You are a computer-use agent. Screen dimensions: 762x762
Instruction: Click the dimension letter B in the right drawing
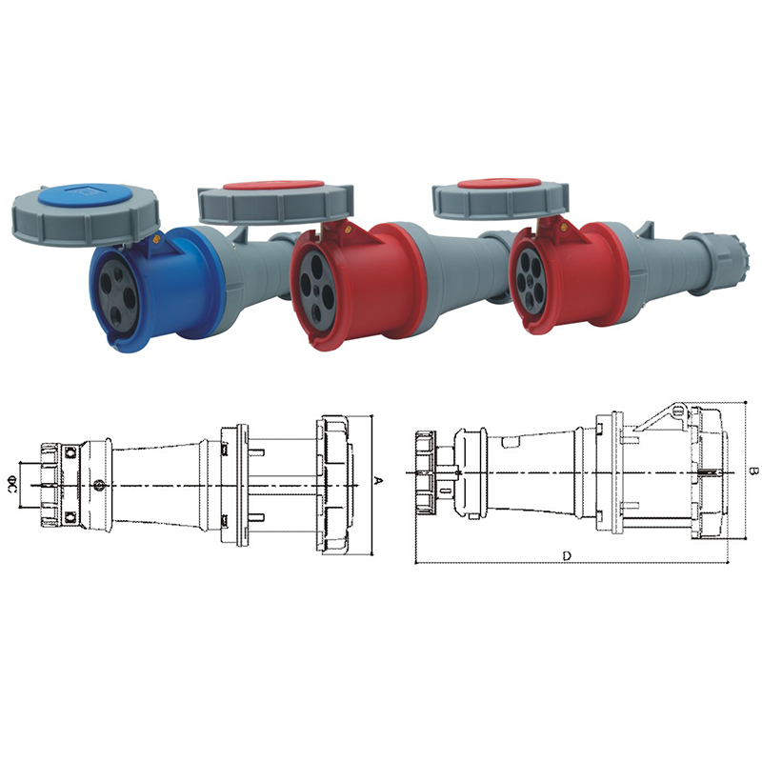(752, 471)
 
